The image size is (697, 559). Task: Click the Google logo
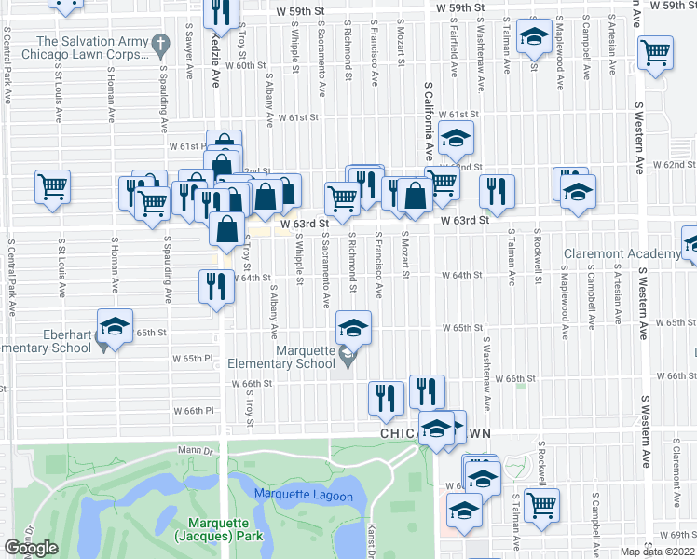[31, 548]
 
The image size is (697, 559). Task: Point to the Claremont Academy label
[622, 254]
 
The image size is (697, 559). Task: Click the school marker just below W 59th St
[534, 38]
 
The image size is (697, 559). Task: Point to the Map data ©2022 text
[657, 552]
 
